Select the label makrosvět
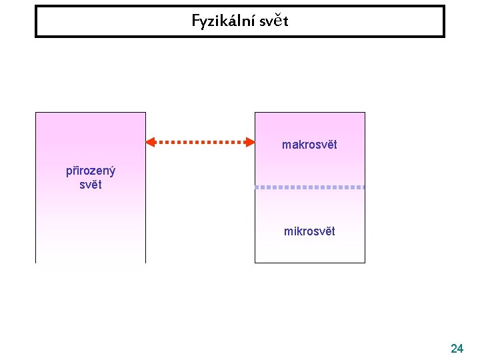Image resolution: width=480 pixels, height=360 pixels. [309, 145]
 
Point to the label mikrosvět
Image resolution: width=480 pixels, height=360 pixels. [309, 231]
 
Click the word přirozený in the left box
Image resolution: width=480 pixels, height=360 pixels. [90, 171]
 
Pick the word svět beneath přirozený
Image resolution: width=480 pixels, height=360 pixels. [90, 185]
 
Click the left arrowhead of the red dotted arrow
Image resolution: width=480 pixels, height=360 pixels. [151, 141]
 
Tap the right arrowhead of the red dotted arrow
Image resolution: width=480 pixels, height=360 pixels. [250, 141]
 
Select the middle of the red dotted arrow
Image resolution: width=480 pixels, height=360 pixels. [200, 141]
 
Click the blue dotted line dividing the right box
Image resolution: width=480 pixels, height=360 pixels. [310, 187]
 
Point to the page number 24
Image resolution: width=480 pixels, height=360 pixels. [457, 348]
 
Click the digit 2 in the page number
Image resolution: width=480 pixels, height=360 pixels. [453, 348]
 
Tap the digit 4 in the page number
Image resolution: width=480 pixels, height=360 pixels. [461, 348]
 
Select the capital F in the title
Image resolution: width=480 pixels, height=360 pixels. [196, 21]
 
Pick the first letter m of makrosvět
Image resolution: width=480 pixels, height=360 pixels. [286, 145]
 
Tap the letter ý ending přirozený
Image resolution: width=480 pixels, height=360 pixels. [112, 171]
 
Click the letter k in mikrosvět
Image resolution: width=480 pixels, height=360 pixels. [298, 231]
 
